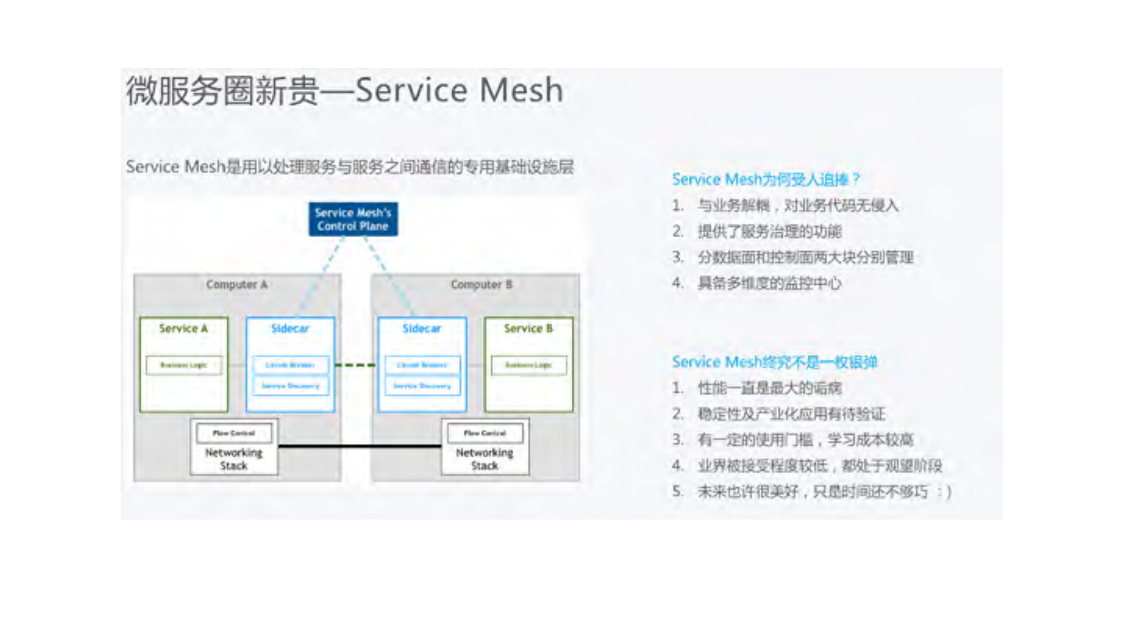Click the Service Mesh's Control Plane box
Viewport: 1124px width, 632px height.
click(353, 219)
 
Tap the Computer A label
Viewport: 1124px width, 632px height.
click(237, 285)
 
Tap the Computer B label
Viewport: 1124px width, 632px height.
click(481, 285)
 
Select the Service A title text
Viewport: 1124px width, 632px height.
click(183, 329)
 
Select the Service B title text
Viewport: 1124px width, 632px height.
click(528, 329)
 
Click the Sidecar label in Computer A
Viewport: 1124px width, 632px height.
click(290, 329)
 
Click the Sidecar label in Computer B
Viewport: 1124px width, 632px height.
click(422, 329)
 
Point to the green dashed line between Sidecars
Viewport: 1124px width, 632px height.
click(356, 365)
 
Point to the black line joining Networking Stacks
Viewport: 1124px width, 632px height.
click(359, 446)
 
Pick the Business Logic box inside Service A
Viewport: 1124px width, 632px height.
click(184, 365)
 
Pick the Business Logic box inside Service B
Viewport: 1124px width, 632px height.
click(528, 365)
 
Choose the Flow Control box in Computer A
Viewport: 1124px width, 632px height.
click(234, 433)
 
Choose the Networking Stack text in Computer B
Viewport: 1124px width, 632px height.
click(484, 459)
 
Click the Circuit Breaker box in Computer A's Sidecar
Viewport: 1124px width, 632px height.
click(291, 365)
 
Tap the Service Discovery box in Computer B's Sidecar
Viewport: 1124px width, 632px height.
click(422, 386)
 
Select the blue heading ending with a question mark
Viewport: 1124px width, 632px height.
click(766, 179)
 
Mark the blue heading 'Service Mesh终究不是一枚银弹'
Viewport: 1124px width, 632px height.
click(774, 362)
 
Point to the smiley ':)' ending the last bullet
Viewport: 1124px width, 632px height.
click(944, 491)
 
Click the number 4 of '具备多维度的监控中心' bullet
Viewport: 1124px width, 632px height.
click(677, 283)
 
